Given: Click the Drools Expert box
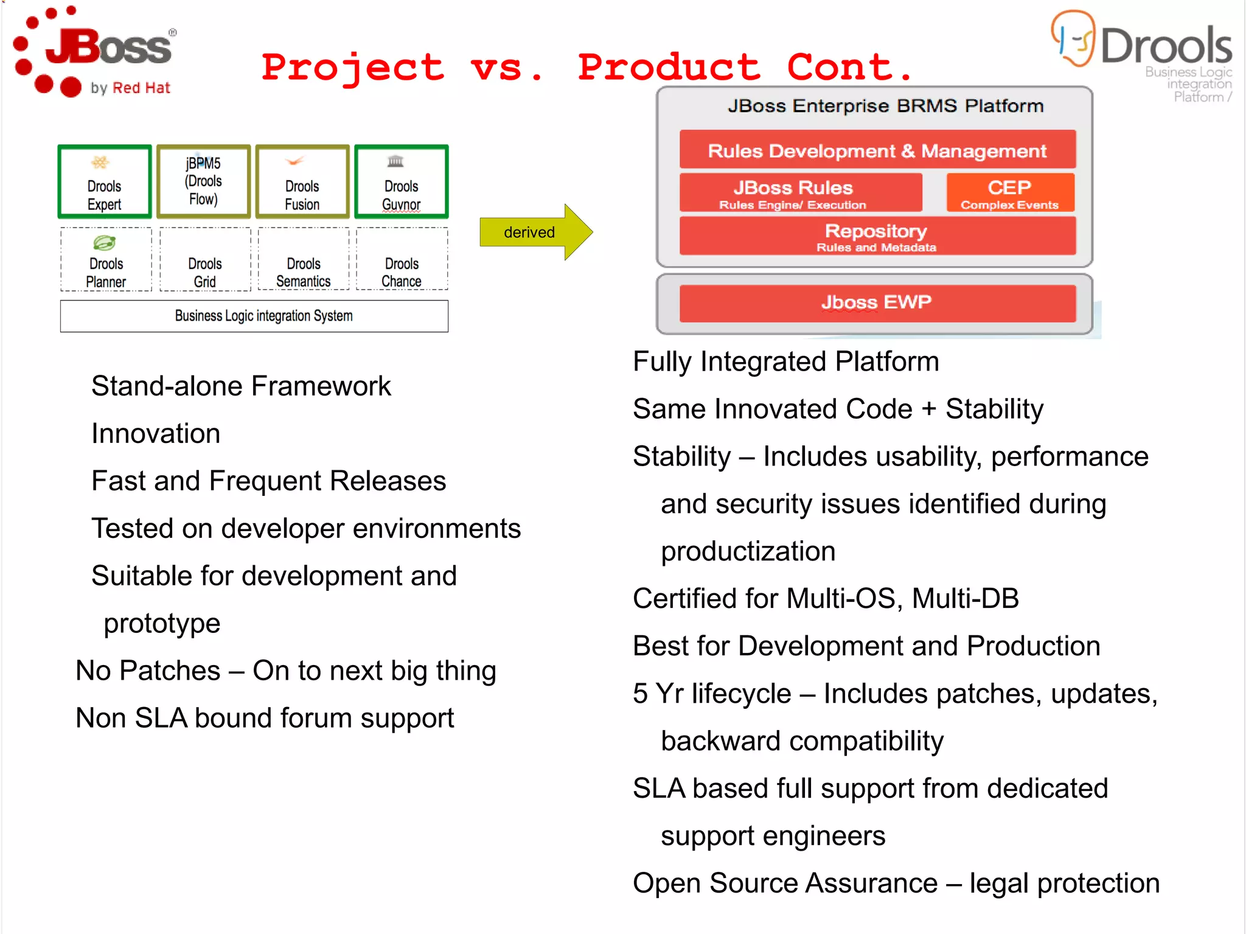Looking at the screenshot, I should point(105,182).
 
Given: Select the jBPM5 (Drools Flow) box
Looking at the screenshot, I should point(204,182).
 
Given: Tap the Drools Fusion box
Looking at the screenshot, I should point(302,182).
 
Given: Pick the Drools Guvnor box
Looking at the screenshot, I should point(402,182).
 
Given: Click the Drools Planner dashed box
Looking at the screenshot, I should point(106,260).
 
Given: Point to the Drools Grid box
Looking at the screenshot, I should point(205,260).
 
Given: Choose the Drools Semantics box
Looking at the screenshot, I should point(304,260).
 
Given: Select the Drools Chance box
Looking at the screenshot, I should point(402,260).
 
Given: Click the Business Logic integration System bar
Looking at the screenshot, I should point(254,316).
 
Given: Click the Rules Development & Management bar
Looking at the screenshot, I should point(877,150).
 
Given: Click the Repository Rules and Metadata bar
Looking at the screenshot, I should point(877,236).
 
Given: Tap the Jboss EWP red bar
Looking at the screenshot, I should point(877,302).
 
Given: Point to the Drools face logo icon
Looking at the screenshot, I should point(1073,38).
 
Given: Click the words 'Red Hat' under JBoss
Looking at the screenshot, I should point(141,88).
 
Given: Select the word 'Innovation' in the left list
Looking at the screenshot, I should point(156,434).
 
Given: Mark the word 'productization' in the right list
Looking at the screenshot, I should point(748,551).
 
